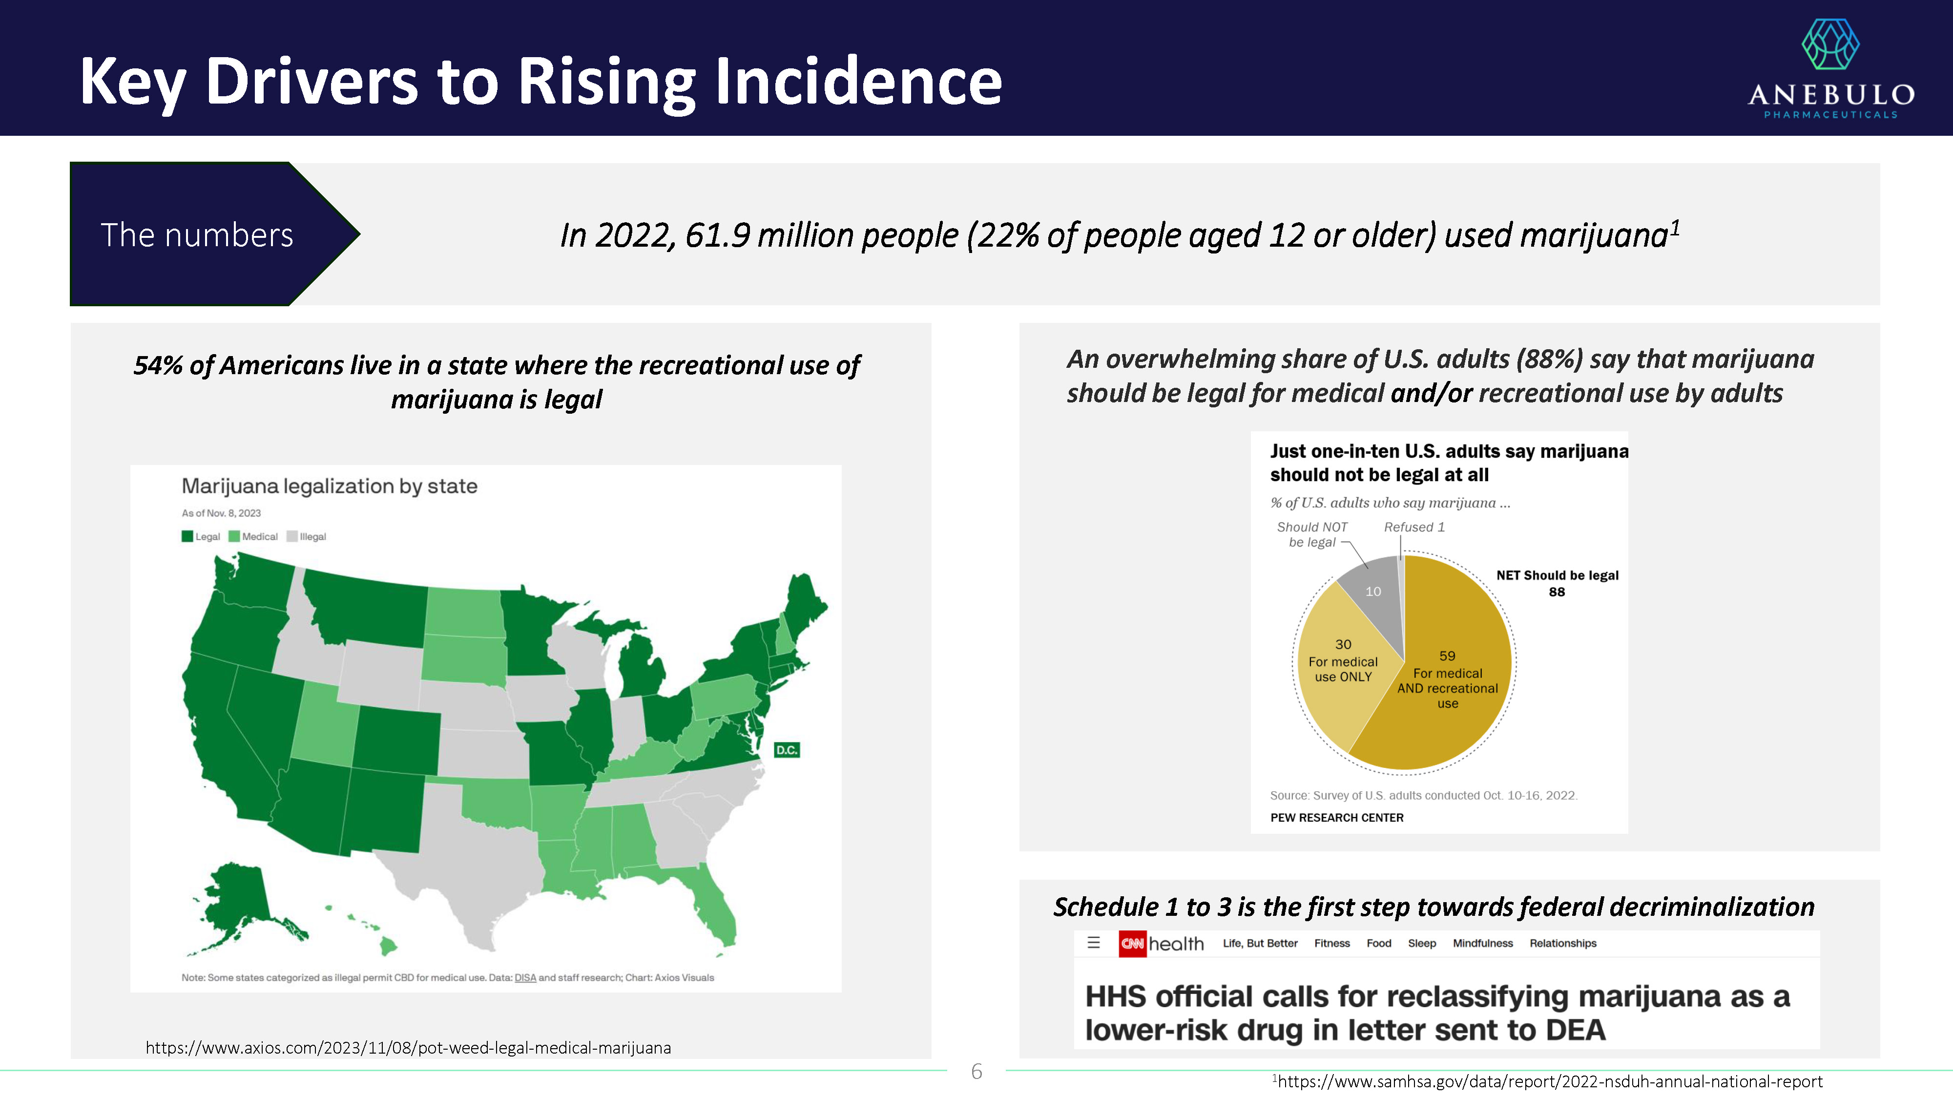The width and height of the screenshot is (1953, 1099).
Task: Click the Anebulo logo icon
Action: (1829, 45)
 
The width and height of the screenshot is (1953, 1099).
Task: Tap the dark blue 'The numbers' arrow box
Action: (197, 234)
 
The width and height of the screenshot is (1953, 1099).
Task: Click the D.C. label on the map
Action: (786, 750)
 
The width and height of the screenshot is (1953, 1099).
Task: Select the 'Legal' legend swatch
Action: (187, 536)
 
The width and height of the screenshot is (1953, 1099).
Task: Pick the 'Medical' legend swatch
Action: (234, 536)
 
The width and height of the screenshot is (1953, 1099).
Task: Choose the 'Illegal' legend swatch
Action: (292, 536)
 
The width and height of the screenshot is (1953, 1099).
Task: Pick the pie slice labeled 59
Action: (1448, 683)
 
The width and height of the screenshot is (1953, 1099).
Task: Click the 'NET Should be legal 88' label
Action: (1557, 583)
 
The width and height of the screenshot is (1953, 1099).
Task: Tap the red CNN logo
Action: (1132, 944)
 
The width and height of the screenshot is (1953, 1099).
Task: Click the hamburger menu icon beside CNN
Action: (1093, 943)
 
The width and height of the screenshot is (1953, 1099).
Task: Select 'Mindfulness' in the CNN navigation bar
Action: (1482, 944)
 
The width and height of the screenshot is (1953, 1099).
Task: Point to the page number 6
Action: (976, 1072)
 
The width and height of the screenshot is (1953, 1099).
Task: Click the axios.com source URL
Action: (408, 1047)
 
